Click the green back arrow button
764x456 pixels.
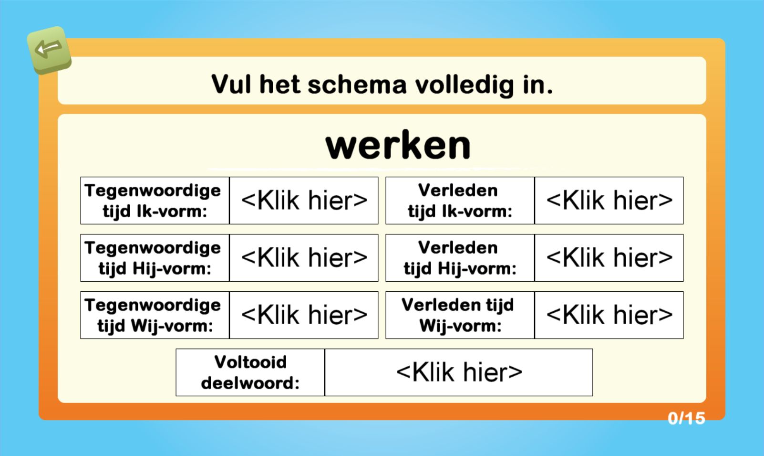click(49, 50)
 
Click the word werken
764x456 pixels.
click(398, 146)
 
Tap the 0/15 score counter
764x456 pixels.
click(686, 418)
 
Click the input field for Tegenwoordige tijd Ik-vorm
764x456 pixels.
click(304, 201)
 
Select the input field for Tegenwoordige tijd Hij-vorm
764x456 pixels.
click(304, 258)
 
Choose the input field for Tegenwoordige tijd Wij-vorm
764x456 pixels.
click(304, 315)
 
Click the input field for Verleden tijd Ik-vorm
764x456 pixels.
click(609, 201)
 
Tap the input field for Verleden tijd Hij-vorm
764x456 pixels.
click(609, 258)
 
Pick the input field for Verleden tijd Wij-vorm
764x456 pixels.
click(609, 315)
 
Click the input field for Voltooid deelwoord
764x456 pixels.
click(459, 372)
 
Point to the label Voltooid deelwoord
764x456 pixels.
click(250, 372)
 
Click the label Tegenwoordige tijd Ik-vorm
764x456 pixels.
click(153, 201)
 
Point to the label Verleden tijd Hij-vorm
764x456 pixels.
click(459, 258)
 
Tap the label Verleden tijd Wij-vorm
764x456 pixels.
click(458, 315)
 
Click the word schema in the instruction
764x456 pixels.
click(357, 85)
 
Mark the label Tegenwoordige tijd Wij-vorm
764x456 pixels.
click(153, 315)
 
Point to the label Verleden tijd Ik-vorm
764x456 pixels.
click(459, 201)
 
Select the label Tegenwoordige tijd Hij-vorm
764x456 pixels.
click(153, 258)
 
